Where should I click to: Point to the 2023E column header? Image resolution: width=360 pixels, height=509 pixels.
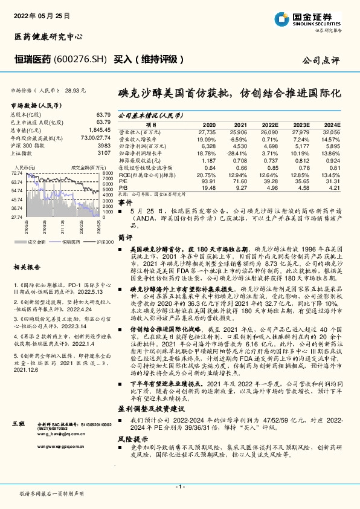(x=300, y=123)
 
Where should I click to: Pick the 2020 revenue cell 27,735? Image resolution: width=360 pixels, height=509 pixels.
(x=206, y=131)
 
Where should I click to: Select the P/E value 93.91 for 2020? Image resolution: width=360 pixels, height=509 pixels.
(x=207, y=181)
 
